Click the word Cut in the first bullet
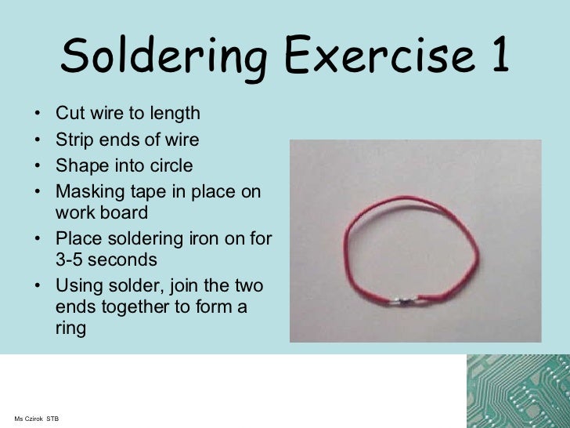click(x=68, y=114)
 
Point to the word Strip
click(x=73, y=140)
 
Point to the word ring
click(x=70, y=328)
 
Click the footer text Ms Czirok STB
click(x=37, y=419)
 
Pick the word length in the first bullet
click(x=175, y=114)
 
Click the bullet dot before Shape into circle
click(x=38, y=167)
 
